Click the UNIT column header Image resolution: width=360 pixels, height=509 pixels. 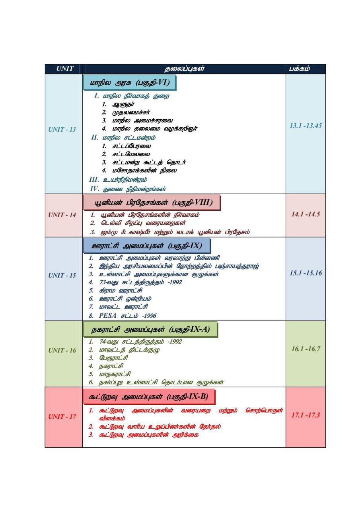point(64,69)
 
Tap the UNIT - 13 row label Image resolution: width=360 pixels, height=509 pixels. point(62,130)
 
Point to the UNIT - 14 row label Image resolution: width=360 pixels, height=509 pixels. point(62,215)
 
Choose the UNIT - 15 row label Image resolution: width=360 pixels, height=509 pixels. point(62,275)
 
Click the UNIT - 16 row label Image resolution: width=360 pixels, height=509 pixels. point(62,350)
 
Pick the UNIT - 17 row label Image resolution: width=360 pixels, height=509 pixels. point(62,417)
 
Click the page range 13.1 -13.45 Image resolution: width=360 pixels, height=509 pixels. point(306,126)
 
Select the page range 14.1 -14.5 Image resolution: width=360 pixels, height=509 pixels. point(306,214)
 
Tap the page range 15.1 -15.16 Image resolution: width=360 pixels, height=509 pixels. point(306,273)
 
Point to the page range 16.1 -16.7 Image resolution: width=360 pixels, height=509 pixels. point(306,349)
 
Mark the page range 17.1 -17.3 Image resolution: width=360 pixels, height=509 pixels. point(306,415)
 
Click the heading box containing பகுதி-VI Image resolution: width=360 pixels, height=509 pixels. point(130,83)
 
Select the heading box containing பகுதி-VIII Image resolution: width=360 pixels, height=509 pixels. point(152,203)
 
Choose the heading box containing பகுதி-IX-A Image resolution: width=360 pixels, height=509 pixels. point(151,330)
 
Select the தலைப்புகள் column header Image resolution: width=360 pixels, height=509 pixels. point(184,69)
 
